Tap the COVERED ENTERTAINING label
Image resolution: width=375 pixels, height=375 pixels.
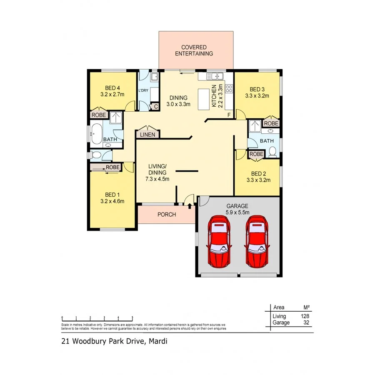pos(194,50)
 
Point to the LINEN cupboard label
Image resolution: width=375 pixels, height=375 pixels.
pos(147,135)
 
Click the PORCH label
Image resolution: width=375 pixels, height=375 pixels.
pos(166,215)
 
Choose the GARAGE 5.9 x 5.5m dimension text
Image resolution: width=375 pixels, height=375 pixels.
pos(237,212)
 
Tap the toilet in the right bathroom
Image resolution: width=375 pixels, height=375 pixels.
pos(273,152)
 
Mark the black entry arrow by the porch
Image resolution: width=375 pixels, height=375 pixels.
pos(190,205)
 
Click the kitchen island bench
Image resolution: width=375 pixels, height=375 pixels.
pos(204,99)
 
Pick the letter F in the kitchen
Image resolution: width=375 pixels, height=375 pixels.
pos(228,115)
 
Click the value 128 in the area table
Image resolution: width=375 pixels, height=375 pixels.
pos(305,317)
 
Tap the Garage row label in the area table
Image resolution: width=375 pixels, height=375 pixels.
pos(281,322)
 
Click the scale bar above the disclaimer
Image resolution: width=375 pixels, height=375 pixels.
pos(97,318)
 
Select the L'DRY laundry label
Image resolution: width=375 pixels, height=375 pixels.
pos(143,90)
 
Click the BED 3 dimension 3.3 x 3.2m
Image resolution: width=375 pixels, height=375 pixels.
pos(257,95)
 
